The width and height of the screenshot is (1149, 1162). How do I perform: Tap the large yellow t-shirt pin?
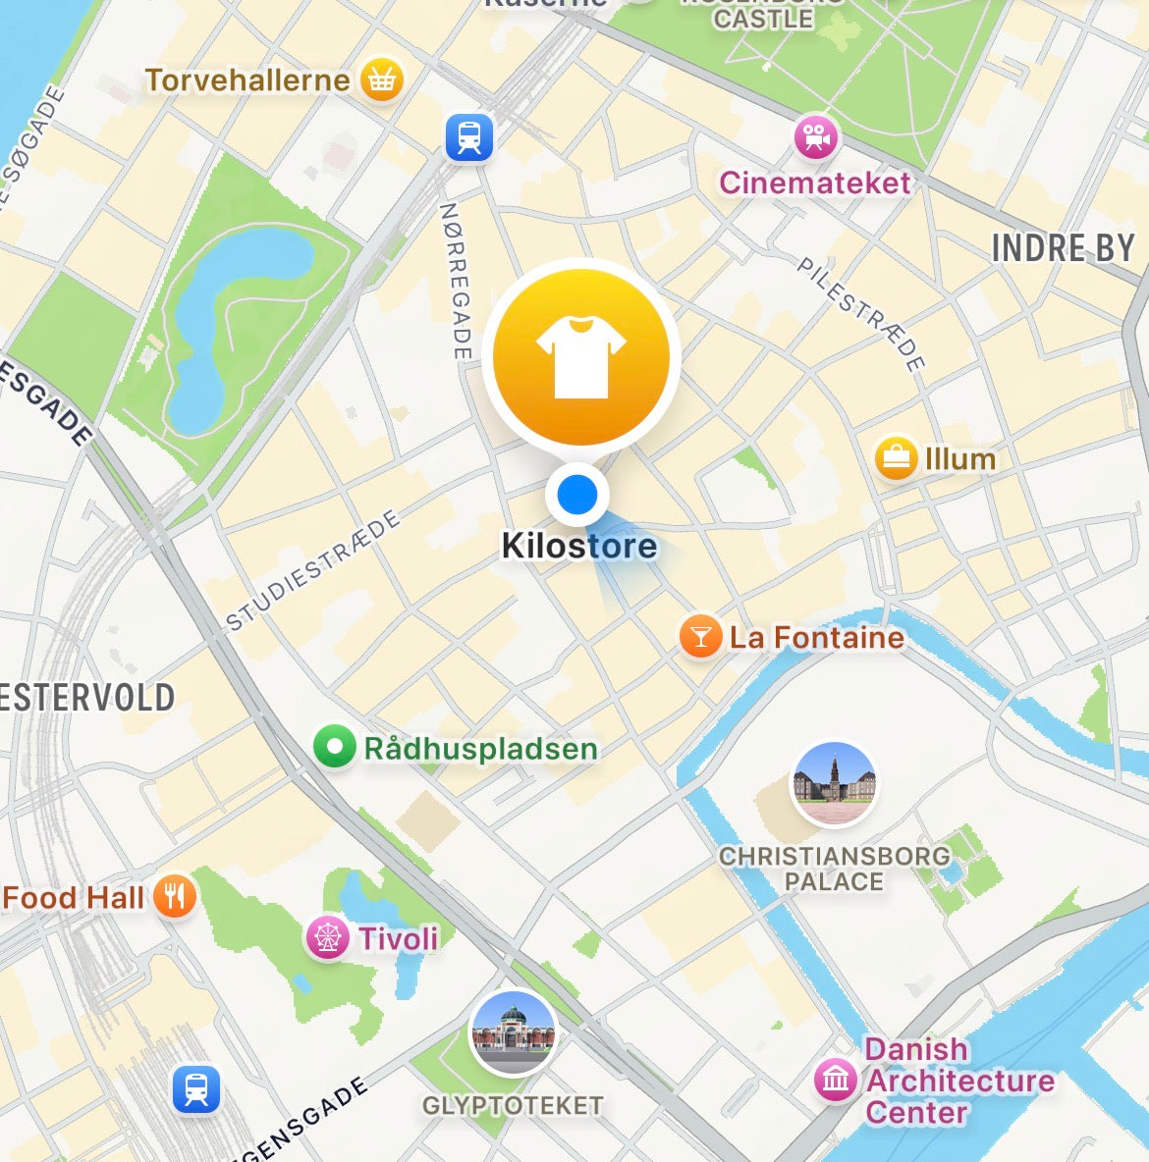580,355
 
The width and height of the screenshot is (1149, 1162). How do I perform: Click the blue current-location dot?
577,494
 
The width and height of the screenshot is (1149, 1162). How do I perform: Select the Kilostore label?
579,546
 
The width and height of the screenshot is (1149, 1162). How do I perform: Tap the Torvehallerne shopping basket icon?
382,80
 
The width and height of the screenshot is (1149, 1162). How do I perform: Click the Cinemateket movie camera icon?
816,138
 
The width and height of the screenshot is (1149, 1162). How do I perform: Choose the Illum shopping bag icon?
896,457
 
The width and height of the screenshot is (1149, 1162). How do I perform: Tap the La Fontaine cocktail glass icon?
700,637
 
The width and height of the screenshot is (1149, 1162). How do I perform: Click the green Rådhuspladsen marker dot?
334,747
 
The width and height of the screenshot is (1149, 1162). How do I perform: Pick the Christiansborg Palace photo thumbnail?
834,784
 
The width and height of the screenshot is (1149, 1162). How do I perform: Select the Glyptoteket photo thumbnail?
513,1033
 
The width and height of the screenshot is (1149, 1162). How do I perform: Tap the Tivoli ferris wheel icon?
327,937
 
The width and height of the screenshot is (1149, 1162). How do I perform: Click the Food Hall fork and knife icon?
175,896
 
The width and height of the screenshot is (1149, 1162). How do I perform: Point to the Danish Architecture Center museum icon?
836,1080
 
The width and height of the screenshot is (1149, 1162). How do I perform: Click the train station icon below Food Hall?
196,1089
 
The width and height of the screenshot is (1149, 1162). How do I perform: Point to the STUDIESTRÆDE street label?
313,569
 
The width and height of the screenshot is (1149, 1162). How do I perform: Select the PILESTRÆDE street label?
861,314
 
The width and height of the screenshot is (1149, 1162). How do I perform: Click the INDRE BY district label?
1063,248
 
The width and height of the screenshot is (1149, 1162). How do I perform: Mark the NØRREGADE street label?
455,280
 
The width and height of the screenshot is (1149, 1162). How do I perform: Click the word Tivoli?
398,938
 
